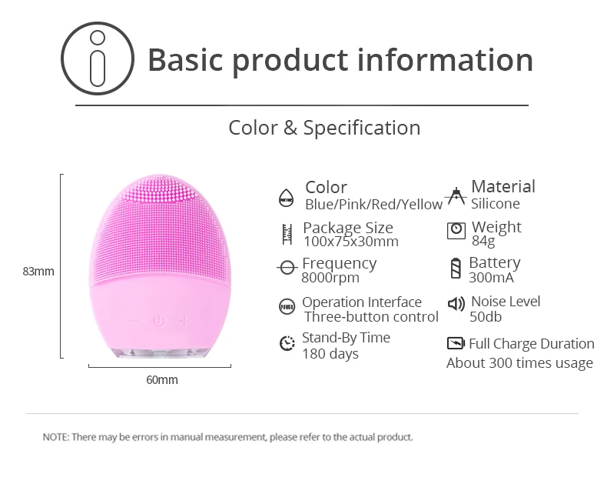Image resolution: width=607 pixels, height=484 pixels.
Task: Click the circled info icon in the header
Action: (x=98, y=58)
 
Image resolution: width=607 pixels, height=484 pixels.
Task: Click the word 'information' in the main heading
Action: (x=445, y=60)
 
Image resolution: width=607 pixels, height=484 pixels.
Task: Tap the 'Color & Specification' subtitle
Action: (x=324, y=128)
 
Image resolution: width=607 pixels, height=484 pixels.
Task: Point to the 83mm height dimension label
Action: (x=38, y=271)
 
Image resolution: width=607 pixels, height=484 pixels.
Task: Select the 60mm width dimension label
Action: (x=162, y=379)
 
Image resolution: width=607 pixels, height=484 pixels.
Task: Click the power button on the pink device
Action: (x=159, y=321)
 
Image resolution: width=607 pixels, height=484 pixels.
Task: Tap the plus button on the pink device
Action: (x=184, y=320)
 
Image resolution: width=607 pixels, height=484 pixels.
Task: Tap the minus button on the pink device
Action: (x=134, y=321)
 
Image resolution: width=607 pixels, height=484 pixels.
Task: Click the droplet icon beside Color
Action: (x=287, y=198)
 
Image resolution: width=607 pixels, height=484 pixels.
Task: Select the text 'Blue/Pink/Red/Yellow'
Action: (x=373, y=204)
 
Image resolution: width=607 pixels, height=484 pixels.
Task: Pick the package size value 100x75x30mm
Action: (x=351, y=241)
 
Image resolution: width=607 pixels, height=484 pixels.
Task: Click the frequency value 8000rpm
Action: (x=330, y=278)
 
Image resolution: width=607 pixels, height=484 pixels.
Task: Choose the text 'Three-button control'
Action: (x=371, y=317)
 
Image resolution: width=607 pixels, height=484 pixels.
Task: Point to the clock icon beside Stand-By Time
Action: (x=287, y=343)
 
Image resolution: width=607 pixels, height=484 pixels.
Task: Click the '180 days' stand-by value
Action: (x=330, y=354)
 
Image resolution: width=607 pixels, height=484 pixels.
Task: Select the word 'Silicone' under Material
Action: (x=495, y=204)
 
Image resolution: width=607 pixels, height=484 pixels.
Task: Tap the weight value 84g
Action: (x=483, y=241)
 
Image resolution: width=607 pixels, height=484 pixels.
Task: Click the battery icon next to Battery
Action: (x=456, y=268)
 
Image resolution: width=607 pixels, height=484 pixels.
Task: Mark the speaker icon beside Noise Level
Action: (x=456, y=304)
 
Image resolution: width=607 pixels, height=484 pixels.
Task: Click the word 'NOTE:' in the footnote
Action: (x=56, y=437)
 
